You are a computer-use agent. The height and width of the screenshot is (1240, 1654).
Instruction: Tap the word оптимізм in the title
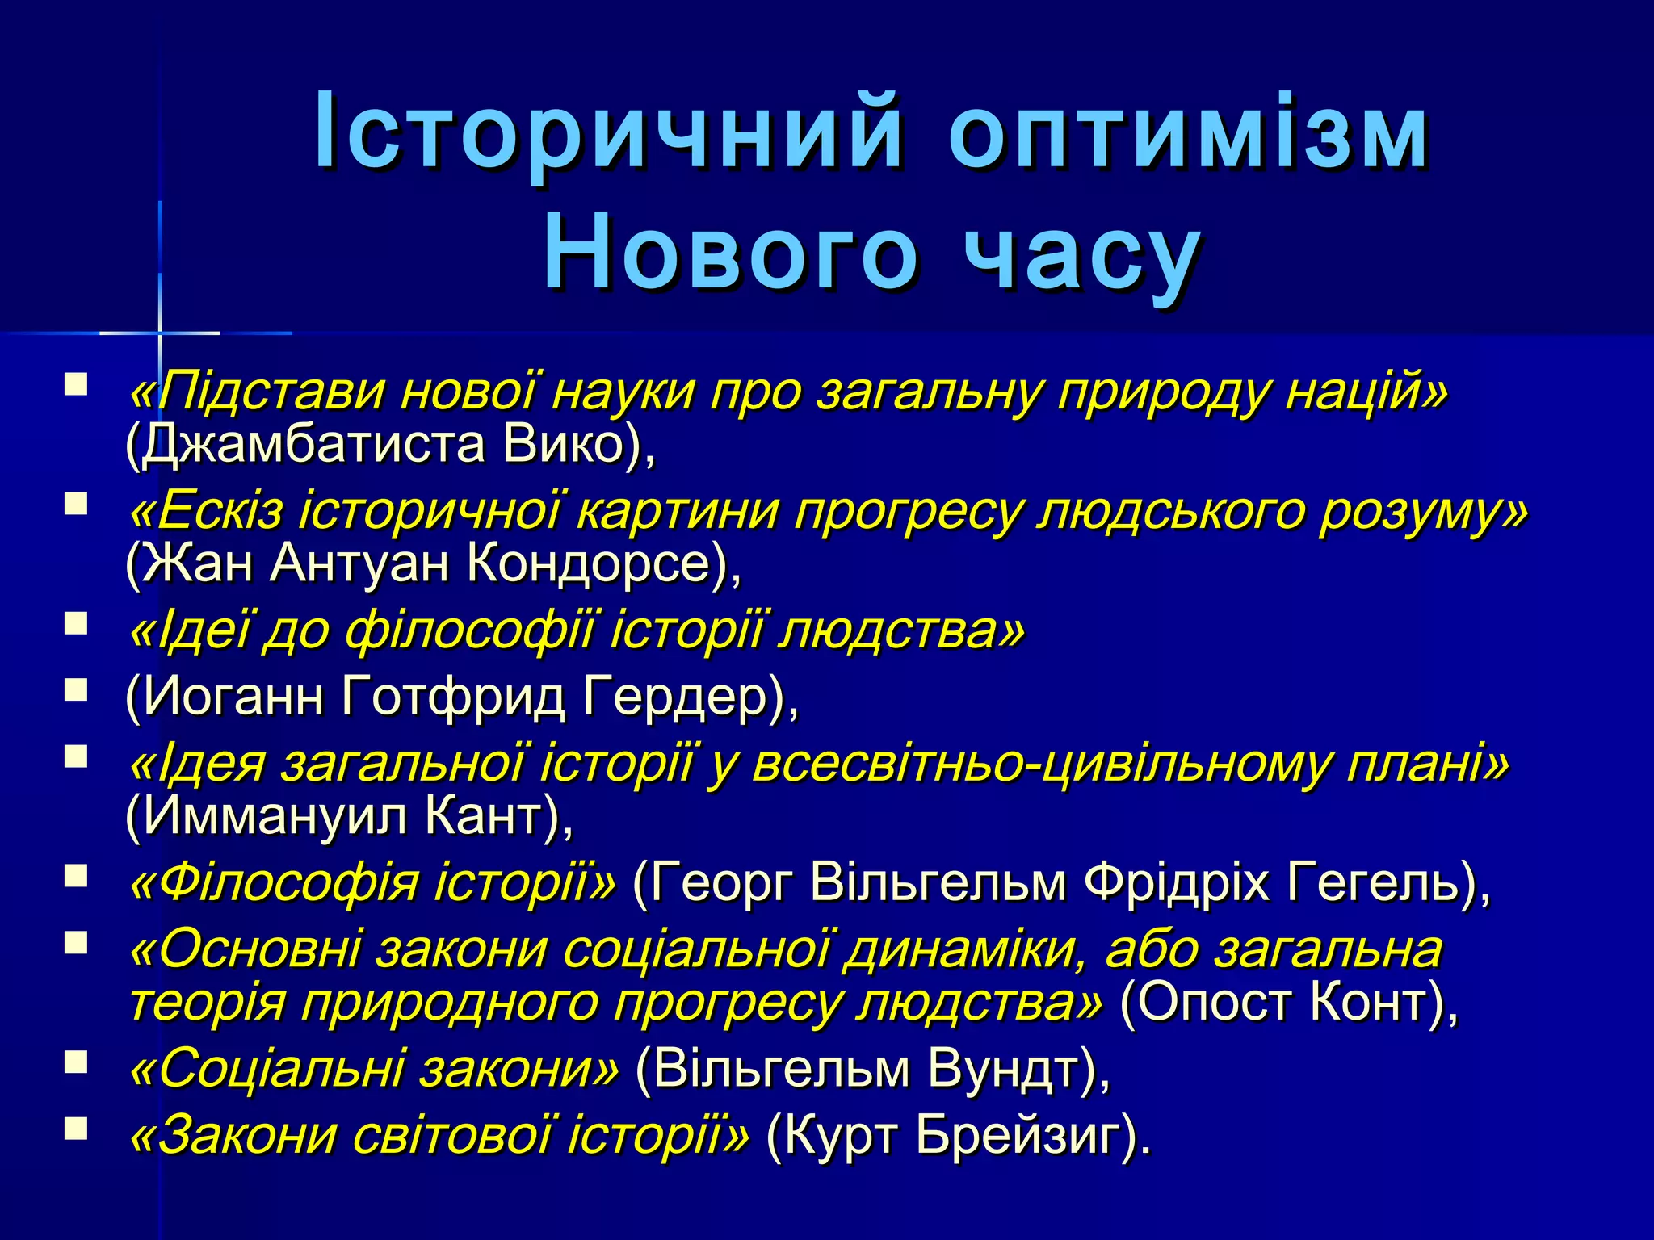1188,132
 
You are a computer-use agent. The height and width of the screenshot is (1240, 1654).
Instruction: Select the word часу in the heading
1083,253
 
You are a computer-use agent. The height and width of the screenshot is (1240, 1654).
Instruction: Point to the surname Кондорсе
598,563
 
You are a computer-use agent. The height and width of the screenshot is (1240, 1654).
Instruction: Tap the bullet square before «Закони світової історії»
76,1128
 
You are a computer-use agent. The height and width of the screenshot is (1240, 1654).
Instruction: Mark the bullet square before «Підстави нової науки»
76,383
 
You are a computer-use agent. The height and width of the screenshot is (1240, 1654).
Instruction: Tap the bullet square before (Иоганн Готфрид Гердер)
76,689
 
